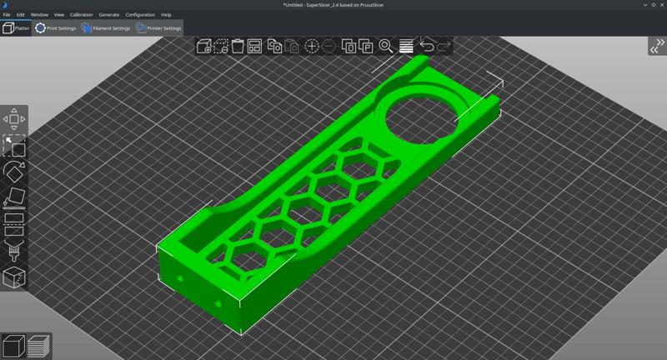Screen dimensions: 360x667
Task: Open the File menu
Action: click(x=7, y=15)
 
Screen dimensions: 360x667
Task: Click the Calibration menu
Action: click(x=81, y=15)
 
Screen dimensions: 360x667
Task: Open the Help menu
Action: click(x=166, y=15)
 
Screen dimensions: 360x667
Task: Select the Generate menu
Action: click(x=108, y=15)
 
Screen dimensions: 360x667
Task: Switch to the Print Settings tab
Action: click(x=55, y=28)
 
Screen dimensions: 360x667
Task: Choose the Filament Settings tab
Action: click(x=106, y=28)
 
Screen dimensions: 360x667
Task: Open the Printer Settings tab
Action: click(x=158, y=28)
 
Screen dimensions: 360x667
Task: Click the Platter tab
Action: click(x=16, y=28)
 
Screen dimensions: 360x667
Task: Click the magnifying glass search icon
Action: click(x=386, y=47)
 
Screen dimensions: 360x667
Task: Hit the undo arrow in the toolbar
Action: click(x=426, y=47)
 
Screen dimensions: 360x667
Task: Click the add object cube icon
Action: click(x=203, y=47)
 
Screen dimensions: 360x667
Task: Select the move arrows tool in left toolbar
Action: click(x=14, y=119)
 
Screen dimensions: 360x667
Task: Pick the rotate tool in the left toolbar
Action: click(x=14, y=172)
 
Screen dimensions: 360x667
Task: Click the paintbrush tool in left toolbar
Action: click(x=14, y=252)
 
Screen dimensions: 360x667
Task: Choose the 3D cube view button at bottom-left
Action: click(x=13, y=346)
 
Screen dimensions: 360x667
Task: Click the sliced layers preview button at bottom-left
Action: click(x=38, y=346)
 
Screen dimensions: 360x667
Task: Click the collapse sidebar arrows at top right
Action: click(x=656, y=47)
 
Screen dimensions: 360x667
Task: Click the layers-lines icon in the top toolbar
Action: click(x=406, y=47)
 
